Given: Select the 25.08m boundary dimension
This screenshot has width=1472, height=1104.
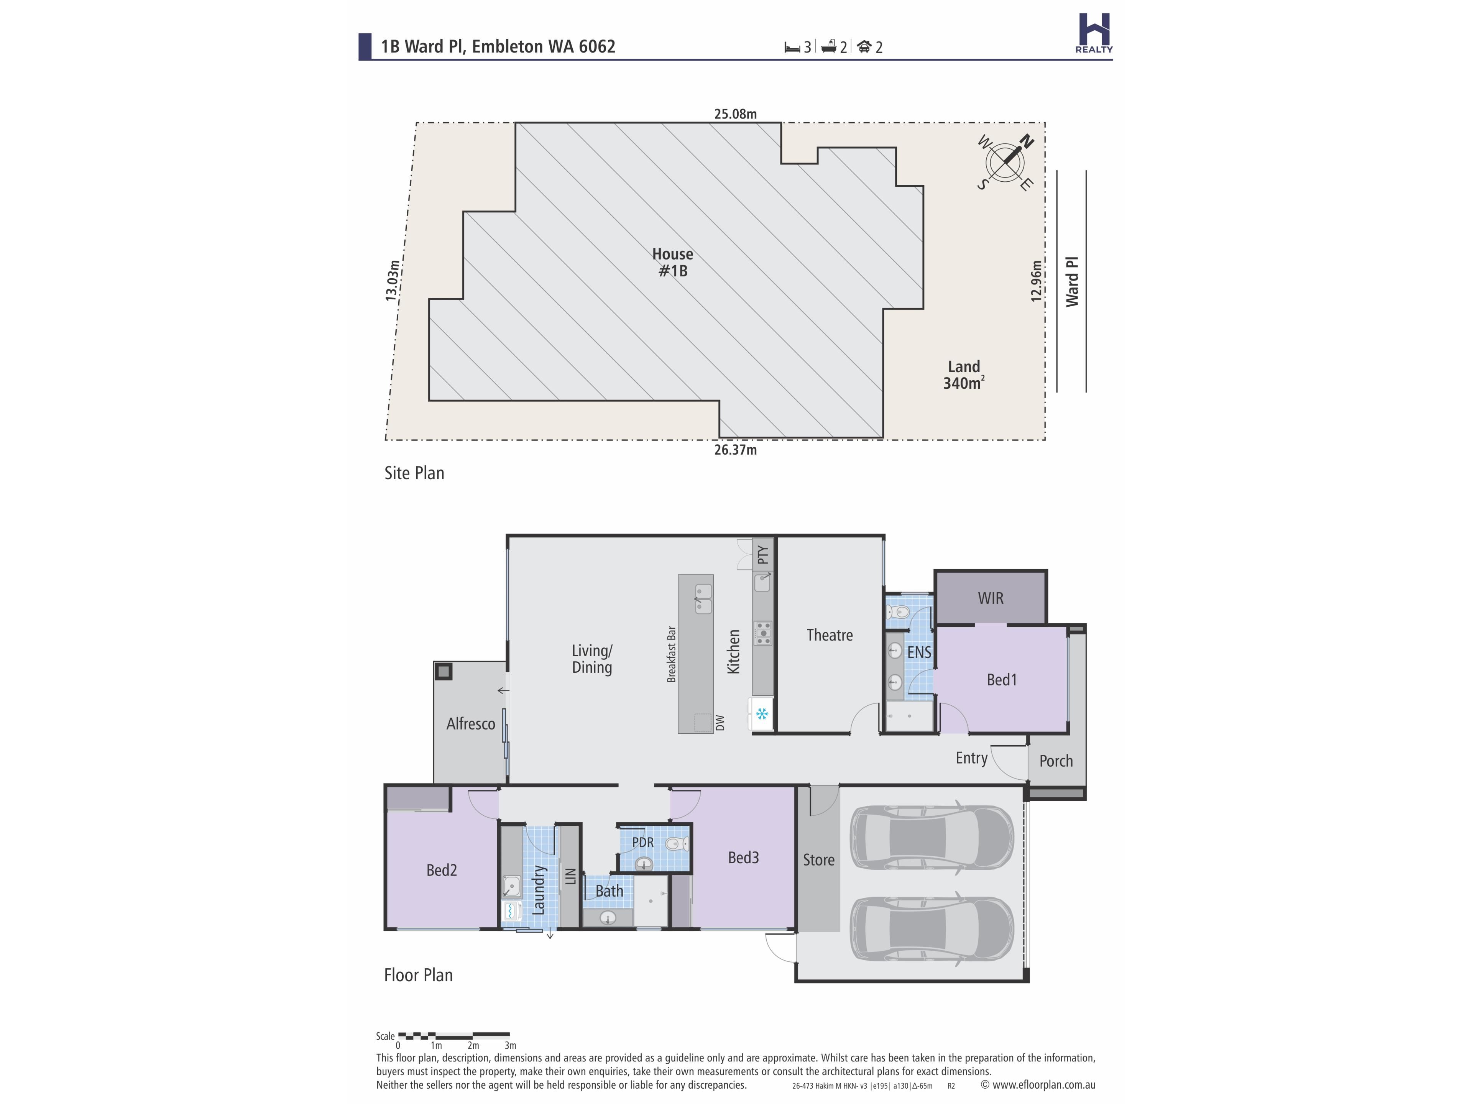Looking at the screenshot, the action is (x=735, y=114).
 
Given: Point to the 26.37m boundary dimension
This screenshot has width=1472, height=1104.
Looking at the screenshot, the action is (x=735, y=450).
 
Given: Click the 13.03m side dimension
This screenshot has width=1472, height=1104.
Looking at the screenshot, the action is (x=393, y=281).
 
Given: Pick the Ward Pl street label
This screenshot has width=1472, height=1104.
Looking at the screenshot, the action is (x=1072, y=281).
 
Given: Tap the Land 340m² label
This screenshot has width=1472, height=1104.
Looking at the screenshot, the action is (x=964, y=375).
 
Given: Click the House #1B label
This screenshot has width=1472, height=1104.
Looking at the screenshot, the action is (x=673, y=262).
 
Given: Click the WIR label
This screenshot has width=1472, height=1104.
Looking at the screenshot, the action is (x=990, y=598).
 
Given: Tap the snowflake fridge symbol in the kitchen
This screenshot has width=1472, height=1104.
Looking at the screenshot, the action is (x=762, y=715).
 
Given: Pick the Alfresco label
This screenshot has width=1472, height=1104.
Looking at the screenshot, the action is (x=470, y=724).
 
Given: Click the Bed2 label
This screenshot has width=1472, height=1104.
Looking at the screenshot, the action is (x=441, y=871).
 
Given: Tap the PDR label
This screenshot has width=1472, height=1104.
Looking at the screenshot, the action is (x=643, y=843).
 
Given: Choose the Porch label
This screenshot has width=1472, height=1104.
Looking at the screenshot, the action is (x=1056, y=761).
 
